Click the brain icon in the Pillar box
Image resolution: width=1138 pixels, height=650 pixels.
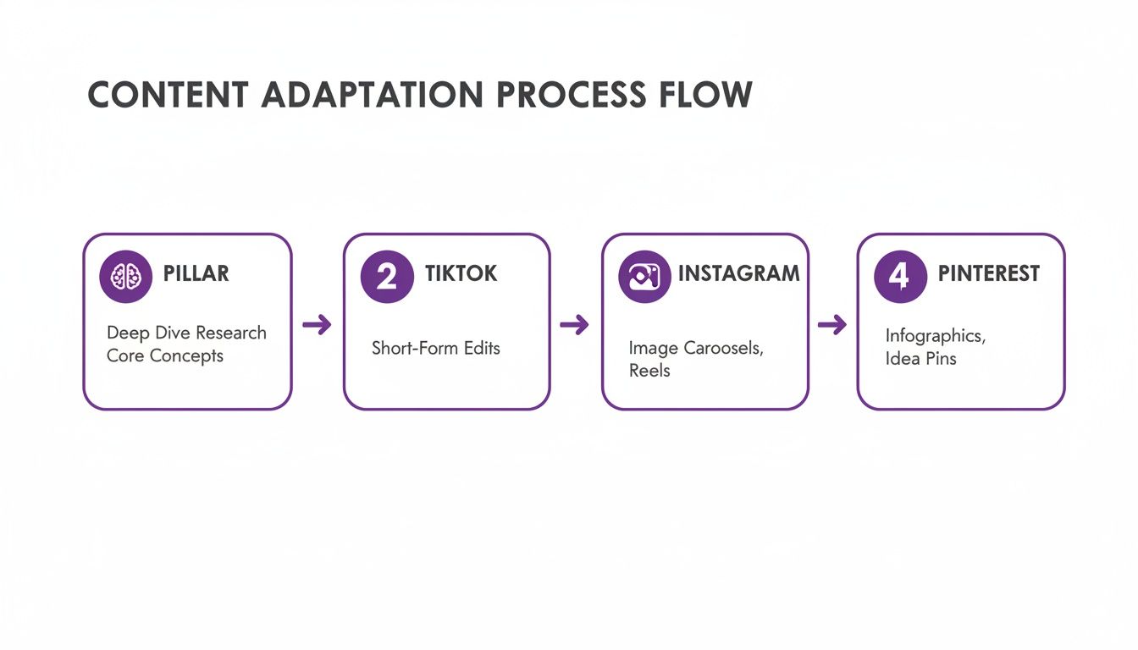point(126,276)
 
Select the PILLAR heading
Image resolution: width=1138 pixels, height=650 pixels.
point(196,274)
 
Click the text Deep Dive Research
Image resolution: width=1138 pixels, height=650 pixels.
point(186,333)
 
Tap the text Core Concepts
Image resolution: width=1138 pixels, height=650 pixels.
point(165,355)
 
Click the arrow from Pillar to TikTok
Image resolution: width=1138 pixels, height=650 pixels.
point(317,324)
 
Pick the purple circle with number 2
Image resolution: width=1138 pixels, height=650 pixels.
point(387,276)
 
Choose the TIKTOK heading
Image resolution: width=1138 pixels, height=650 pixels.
point(461,274)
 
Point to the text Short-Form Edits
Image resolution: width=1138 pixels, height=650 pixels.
point(436,348)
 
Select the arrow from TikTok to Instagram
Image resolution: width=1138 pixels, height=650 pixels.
point(574,324)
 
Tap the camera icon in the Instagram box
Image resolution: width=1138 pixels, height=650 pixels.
point(644,276)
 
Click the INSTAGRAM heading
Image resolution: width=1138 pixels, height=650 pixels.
point(738,274)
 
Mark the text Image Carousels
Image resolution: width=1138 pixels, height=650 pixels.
point(696,348)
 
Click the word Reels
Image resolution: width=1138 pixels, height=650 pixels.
point(649,371)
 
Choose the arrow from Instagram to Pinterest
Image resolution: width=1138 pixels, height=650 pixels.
point(831,324)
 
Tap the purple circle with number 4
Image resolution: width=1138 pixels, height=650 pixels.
point(900,276)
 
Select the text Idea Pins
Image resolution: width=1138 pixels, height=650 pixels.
point(921,359)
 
